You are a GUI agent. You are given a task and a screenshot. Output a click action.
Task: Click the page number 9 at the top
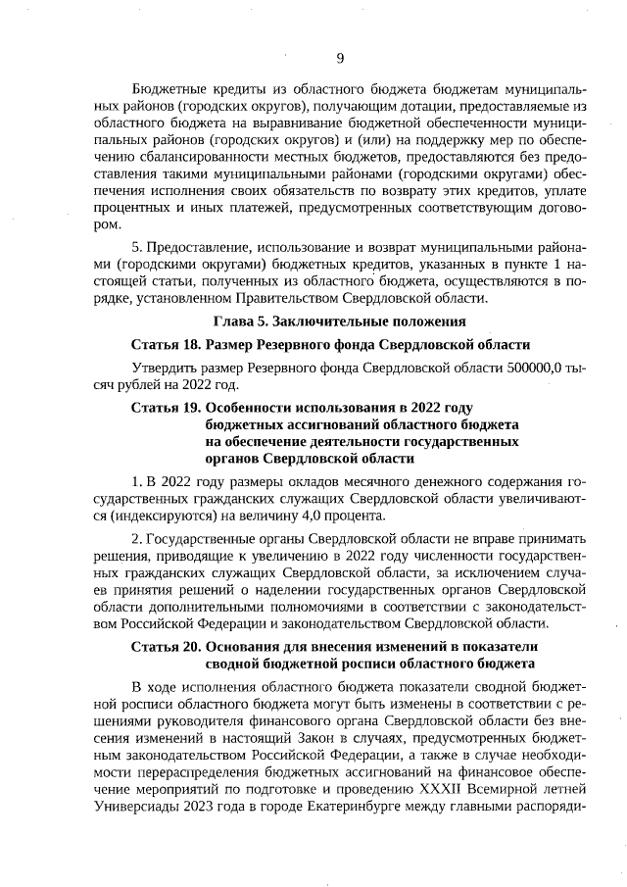point(340,57)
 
